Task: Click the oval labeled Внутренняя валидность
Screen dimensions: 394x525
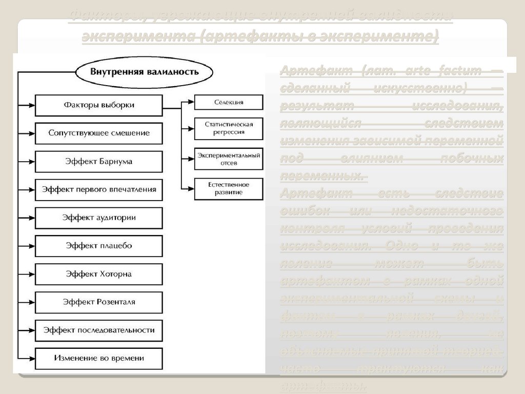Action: (145, 72)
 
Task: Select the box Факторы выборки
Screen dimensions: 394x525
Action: (99, 105)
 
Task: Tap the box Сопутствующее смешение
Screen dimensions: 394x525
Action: (99, 133)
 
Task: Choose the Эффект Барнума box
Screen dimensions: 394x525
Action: (99, 161)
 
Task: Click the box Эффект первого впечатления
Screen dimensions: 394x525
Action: (99, 189)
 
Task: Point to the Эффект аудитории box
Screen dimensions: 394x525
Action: (99, 218)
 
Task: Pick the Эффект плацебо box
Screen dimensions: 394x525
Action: (99, 246)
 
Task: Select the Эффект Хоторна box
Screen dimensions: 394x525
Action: (99, 274)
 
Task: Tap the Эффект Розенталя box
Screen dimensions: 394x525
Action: (99, 302)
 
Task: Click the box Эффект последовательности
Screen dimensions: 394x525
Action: (99, 330)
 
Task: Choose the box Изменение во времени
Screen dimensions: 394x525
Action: (99, 358)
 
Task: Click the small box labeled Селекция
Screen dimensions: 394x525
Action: (229, 102)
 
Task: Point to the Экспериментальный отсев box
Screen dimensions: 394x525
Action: (229, 159)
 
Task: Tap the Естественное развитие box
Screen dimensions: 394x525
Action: (229, 188)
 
